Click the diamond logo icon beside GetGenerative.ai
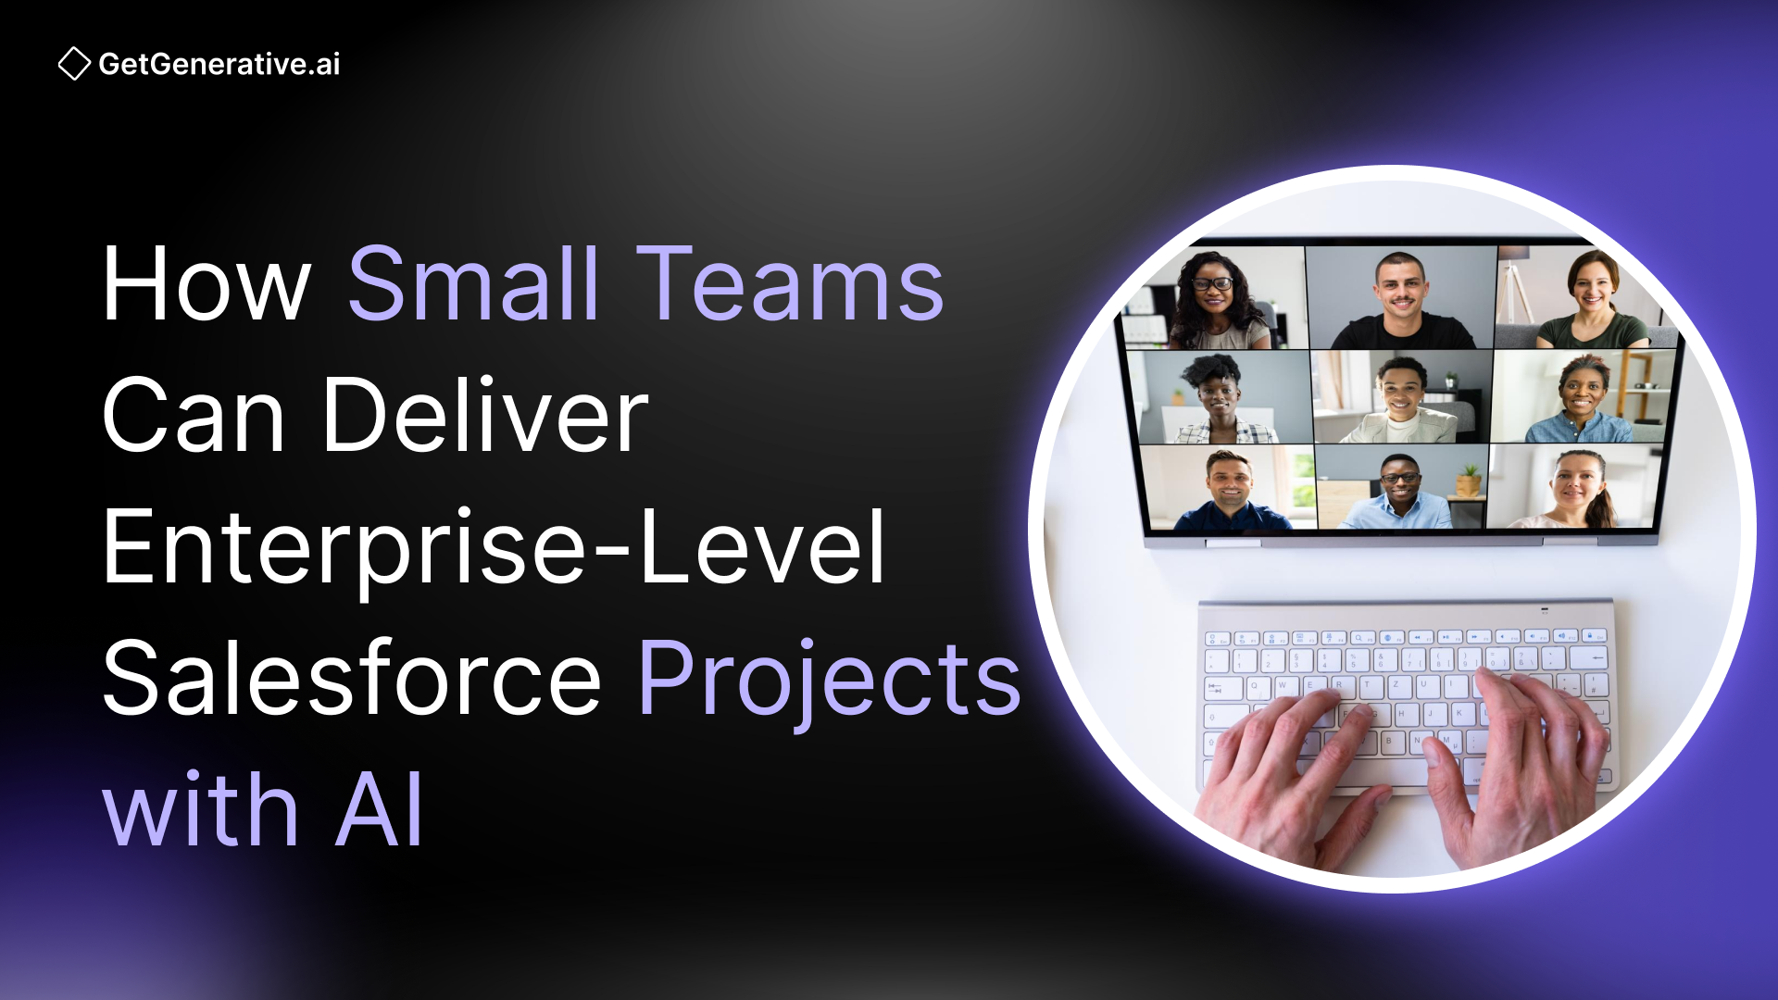tap(74, 64)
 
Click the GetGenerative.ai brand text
tap(219, 64)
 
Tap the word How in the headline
tap(206, 284)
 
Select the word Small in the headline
tap(473, 284)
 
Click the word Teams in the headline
tap(790, 284)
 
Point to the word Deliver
tap(485, 416)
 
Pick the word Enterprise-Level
tap(494, 548)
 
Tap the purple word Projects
tap(829, 681)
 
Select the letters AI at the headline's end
tap(379, 811)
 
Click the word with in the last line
tap(200, 811)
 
